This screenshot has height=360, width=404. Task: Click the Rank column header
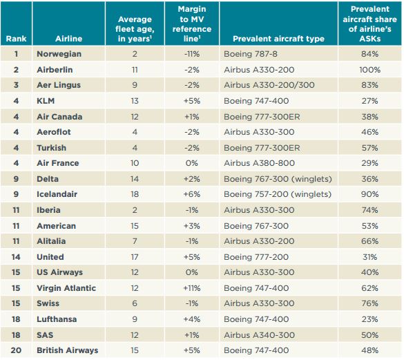[x=16, y=39]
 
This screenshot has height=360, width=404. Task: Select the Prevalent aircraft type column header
[x=278, y=39]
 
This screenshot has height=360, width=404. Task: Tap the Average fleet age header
[x=135, y=29]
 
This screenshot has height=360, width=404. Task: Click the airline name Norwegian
[x=59, y=54]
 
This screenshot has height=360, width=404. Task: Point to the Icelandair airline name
[x=57, y=194]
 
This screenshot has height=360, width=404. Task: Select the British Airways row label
[x=68, y=350]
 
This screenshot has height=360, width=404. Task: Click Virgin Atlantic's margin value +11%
[x=192, y=288]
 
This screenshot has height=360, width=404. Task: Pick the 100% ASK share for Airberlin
[x=369, y=70]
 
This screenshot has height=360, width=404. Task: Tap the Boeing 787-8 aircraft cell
[x=251, y=54]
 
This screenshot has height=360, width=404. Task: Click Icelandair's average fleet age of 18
[x=135, y=194]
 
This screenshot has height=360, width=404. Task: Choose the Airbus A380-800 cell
[x=259, y=163]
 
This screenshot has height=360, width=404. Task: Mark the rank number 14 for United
[x=16, y=257]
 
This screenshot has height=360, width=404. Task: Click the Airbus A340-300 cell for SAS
[x=259, y=335]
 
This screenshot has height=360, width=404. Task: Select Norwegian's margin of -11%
[x=192, y=54]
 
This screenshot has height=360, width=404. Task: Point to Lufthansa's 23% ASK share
[x=369, y=319]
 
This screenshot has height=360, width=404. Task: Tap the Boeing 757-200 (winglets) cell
[x=278, y=194]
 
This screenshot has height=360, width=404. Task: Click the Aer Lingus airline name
[x=59, y=85]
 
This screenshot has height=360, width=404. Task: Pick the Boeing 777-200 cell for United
[x=256, y=257]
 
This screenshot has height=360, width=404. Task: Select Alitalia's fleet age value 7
[x=135, y=241]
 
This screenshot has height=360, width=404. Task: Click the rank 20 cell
[x=16, y=350]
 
